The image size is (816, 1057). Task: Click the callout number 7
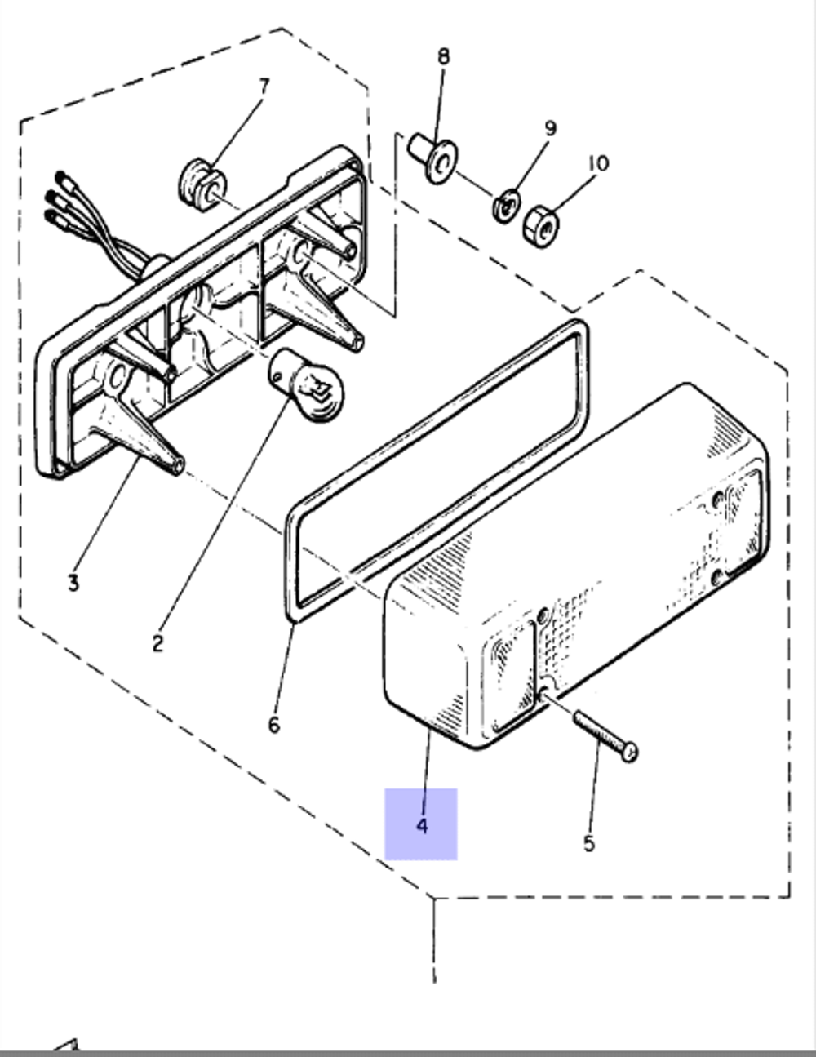(x=264, y=86)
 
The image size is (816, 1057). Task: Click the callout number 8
(x=443, y=56)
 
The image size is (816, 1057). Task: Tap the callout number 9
(x=550, y=128)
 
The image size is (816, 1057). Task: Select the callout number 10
(x=597, y=163)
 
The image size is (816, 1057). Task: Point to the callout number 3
(x=73, y=583)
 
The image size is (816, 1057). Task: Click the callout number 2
(x=157, y=642)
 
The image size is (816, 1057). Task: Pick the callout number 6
(x=273, y=724)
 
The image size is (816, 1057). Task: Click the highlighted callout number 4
(x=421, y=824)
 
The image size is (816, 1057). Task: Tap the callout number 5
(x=589, y=843)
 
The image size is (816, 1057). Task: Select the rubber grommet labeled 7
(x=199, y=184)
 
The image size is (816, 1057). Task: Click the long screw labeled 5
(x=604, y=734)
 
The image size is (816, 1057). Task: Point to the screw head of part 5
(x=630, y=752)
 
